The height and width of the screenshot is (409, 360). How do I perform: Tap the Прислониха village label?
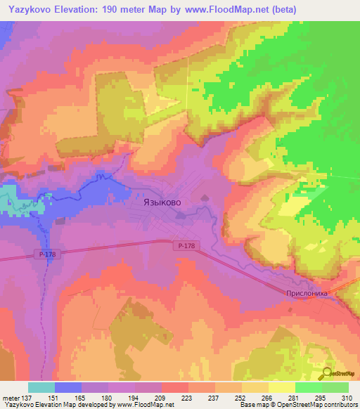pos(307,295)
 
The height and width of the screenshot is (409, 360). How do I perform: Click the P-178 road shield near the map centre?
pos(186,245)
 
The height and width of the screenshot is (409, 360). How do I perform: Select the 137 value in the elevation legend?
pos(21,398)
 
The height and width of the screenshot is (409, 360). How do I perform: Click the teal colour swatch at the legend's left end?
pos(41,387)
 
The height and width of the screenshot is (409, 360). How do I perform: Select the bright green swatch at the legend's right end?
pos(335,387)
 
